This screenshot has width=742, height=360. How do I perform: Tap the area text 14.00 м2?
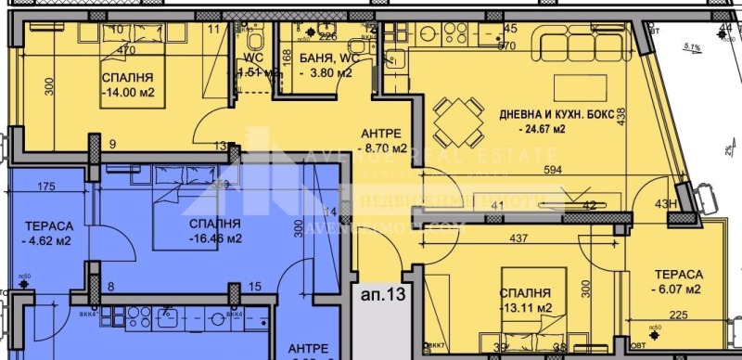[x=128, y=92]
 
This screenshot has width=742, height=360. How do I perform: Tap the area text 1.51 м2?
[x=258, y=73]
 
